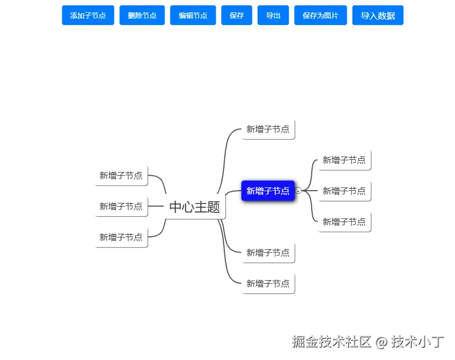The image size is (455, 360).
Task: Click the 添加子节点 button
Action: point(88,15)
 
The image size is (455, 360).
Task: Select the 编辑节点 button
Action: point(193,15)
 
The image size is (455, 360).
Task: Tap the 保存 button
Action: point(237,15)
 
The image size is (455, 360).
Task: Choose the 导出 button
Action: point(273,15)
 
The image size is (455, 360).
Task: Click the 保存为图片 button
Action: point(320,15)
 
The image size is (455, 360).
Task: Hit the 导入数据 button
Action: point(377,15)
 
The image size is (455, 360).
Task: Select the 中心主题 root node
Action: point(194,207)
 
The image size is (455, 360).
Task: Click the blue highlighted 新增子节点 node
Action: point(267,191)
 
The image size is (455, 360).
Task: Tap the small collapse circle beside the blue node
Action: point(298,190)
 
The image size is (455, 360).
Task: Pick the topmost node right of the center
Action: point(267,129)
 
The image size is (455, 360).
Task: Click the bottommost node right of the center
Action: point(267,284)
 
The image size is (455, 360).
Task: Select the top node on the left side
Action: point(121,175)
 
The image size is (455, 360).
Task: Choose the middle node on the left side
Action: point(121,206)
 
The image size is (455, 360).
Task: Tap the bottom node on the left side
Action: point(121,237)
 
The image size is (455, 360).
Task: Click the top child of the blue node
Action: point(344,160)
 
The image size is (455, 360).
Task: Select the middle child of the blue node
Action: point(344,191)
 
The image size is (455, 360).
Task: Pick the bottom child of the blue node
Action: point(344,222)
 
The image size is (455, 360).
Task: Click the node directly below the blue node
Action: point(267,252)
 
